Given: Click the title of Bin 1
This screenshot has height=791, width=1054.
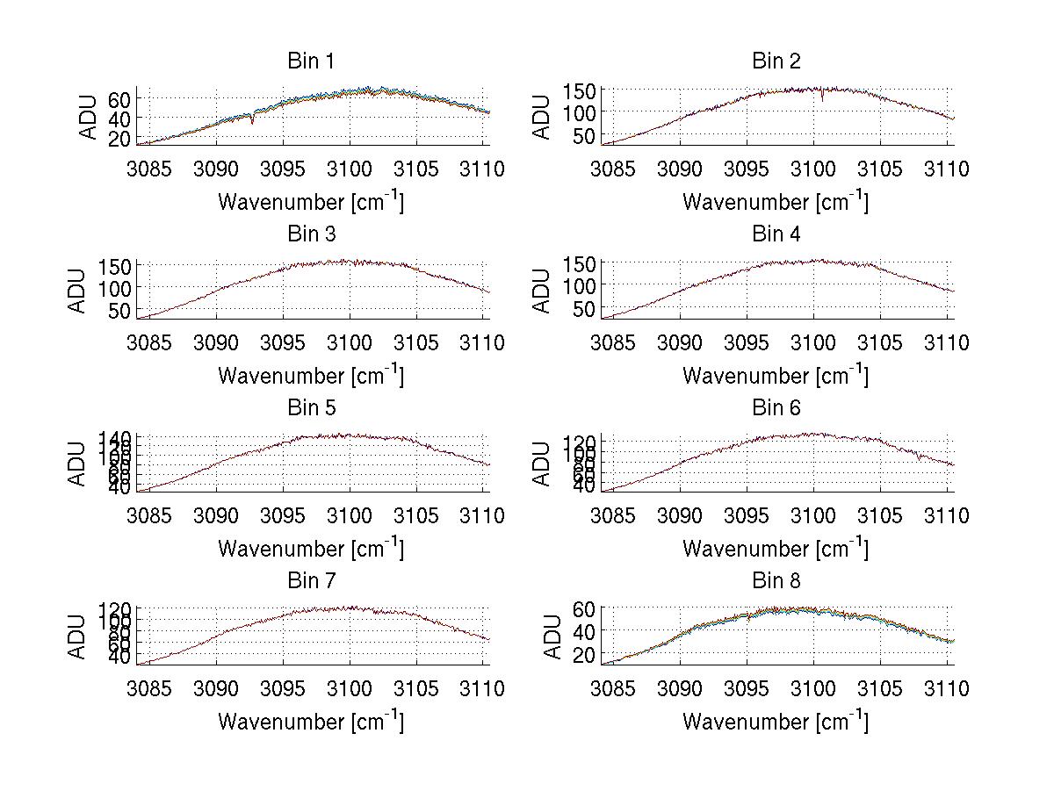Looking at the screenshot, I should coord(311,61).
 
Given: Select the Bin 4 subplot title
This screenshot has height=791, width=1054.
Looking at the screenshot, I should coord(776,234).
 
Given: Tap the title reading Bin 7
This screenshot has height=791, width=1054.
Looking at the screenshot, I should coord(311,581).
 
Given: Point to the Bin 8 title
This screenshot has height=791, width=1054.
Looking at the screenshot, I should coord(776,581).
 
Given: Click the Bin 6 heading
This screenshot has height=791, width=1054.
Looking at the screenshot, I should coord(776,408).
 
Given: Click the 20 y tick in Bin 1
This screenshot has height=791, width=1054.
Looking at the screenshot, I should coord(119,139).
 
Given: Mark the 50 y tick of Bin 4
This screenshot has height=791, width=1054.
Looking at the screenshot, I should coord(585,309).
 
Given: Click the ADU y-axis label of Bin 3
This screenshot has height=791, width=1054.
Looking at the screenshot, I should coord(78,291).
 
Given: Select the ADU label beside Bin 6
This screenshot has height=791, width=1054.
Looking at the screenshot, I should coord(543,464).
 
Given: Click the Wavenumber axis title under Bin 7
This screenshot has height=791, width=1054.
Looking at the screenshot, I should coord(311,722).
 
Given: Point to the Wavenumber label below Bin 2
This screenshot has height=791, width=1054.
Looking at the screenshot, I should coord(776,202).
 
